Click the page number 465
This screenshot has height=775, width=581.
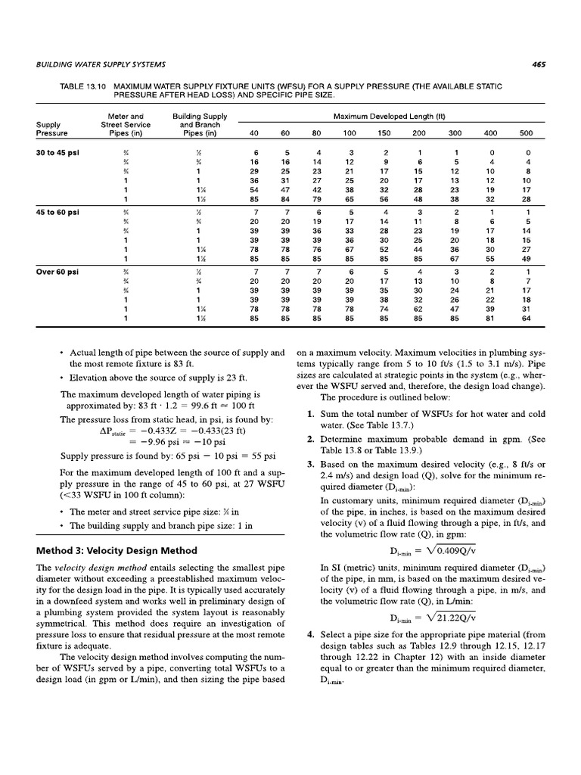pos(539,64)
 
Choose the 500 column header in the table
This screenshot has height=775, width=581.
pos(525,134)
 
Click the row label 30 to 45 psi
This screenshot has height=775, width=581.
pos(56,153)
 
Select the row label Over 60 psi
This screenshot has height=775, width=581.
pos(55,271)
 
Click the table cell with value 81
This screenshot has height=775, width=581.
pos(489,319)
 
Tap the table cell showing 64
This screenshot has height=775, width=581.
pos(525,319)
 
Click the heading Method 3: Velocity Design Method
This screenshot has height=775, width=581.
pos(117,550)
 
